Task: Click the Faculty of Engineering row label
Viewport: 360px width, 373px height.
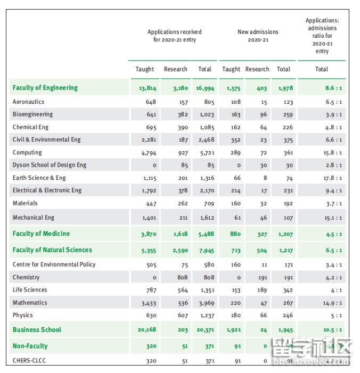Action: pos(45,88)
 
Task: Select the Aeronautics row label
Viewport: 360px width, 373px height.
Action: pos(28,102)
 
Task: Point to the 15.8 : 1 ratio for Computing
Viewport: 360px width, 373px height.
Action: pos(333,153)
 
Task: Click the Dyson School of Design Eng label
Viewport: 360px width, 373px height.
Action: pos(49,165)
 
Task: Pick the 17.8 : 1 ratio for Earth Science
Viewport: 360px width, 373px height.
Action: pos(333,178)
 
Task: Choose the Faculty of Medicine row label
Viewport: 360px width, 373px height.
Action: pos(41,234)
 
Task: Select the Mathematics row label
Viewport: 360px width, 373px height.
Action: pos(30,303)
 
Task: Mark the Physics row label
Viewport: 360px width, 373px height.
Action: pos(22,315)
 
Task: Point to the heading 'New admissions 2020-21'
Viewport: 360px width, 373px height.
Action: pos(258,36)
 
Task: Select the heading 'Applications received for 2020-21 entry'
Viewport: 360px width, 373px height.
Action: pos(174,36)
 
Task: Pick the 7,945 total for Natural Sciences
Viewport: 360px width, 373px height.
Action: pos(205,250)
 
